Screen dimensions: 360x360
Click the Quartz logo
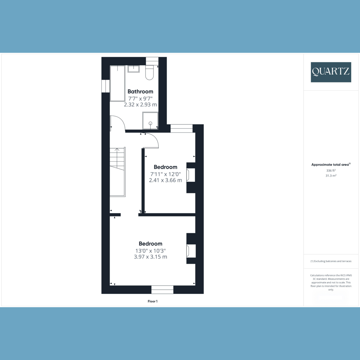(331, 72)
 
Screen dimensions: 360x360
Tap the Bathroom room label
(140, 91)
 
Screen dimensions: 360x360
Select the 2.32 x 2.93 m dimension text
(140, 105)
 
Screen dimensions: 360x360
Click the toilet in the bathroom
(149, 73)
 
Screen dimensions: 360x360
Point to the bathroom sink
(133, 69)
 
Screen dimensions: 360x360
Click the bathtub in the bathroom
(118, 83)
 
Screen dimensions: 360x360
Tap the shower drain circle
(150, 123)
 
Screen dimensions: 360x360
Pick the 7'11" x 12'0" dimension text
(166, 174)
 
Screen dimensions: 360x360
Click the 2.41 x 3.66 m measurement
(166, 180)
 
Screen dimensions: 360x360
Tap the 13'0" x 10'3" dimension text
(151, 251)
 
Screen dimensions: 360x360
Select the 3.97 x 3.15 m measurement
(151, 257)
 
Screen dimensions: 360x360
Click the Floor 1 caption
(153, 301)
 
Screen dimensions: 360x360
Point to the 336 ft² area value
(331, 171)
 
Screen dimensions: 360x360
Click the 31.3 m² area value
(331, 175)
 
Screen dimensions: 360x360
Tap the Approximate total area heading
(331, 165)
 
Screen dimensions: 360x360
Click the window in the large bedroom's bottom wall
(162, 290)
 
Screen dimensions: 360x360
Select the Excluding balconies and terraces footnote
(331, 261)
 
